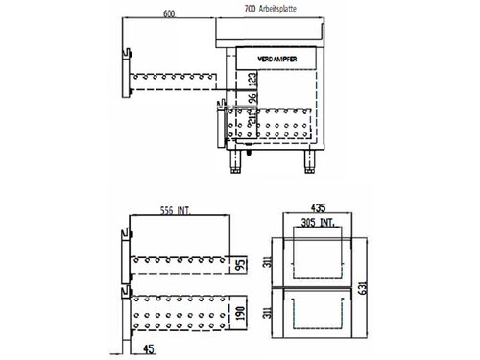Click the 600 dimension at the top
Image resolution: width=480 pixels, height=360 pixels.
point(168,14)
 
